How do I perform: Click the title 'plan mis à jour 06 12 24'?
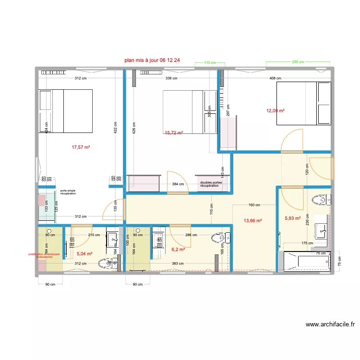(x=152, y=60)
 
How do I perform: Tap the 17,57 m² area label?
(x=81, y=147)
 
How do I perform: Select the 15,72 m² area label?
(x=173, y=132)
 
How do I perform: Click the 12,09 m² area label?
(x=276, y=111)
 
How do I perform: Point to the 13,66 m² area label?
(x=252, y=221)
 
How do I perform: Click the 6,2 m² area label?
(x=178, y=250)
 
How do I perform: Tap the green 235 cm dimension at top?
(x=298, y=62)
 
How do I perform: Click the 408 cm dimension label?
(x=275, y=78)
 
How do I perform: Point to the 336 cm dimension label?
(x=171, y=78)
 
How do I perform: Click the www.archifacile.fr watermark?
(x=330, y=324)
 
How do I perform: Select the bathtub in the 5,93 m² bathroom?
(x=305, y=262)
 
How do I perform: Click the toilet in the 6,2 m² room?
(x=218, y=238)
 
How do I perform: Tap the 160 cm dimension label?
(x=254, y=205)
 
